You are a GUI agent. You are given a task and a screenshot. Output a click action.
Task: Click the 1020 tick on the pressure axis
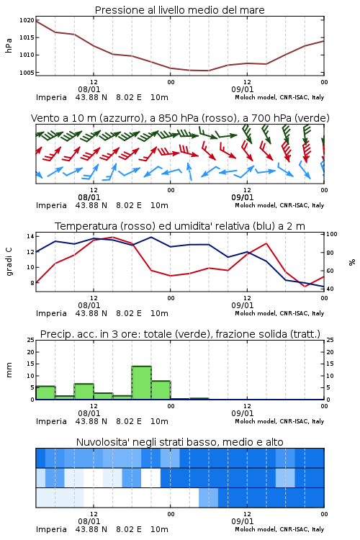[27, 20]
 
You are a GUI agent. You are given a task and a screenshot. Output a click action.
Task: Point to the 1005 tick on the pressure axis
[27, 72]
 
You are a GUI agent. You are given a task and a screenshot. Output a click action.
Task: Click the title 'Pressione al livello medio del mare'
[180, 10]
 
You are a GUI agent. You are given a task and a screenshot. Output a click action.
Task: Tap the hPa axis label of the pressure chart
[9, 45]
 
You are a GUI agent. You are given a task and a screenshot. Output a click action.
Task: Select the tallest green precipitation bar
[142, 382]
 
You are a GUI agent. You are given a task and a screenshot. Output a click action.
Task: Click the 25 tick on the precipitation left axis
[31, 340]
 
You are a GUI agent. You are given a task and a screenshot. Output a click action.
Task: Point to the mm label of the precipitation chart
[9, 370]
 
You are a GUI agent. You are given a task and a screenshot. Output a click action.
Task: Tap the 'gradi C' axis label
[9, 262]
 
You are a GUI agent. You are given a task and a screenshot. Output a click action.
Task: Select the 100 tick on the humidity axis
[332, 234]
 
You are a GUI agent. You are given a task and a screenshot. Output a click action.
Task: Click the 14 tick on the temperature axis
[31, 236]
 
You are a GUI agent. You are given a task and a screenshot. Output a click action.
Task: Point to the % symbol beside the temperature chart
[352, 262]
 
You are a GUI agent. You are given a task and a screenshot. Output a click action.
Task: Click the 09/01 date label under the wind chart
[242, 197]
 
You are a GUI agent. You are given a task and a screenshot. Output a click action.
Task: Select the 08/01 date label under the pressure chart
[89, 89]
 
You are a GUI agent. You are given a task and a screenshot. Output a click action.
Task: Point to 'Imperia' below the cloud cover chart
[51, 529]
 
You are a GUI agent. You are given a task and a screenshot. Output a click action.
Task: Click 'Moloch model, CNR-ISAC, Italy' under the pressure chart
[279, 97]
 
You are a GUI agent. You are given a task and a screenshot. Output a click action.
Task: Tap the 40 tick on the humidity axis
[330, 289]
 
